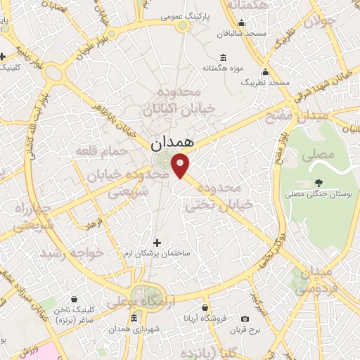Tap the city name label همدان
[x=169, y=143]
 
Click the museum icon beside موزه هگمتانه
[x=224, y=57]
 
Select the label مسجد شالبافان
[x=240, y=33]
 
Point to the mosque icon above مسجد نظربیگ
[x=265, y=72]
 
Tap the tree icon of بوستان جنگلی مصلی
[x=320, y=165]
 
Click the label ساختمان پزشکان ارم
[x=156, y=251]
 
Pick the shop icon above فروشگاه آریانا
[x=205, y=307]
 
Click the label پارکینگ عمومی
[x=182, y=15]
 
